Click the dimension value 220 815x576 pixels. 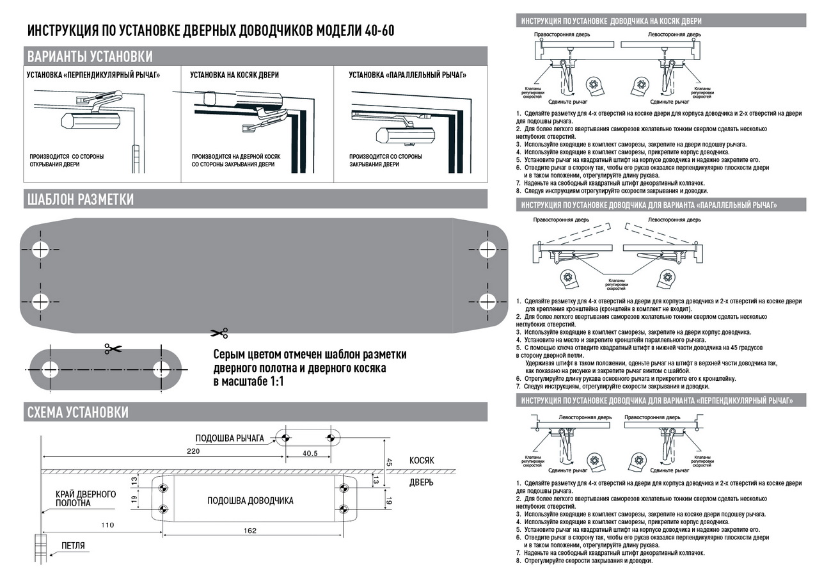(193, 451)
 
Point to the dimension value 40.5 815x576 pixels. (310, 453)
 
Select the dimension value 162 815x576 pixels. (250, 530)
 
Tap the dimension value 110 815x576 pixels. (107, 525)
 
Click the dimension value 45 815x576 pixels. (389, 462)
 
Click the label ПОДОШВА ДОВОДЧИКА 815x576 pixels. (250, 500)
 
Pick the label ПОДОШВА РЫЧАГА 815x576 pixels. (230, 438)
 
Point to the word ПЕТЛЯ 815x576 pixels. (73, 546)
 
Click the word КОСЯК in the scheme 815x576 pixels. (422, 460)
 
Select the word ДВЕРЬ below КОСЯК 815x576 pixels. (422, 482)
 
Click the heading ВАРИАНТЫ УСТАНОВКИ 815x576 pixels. (90, 56)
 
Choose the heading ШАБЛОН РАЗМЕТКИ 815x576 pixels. (79, 199)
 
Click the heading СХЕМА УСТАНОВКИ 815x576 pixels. (77, 412)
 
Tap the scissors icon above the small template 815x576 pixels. (113, 348)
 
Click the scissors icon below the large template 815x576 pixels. (218, 333)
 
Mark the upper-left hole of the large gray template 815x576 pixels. (42, 249)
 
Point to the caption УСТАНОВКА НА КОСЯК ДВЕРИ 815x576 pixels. (234, 75)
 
